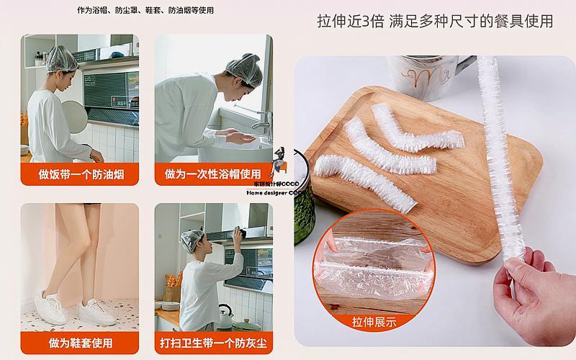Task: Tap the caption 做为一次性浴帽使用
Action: coord(214,175)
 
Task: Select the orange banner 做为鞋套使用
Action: coord(79,343)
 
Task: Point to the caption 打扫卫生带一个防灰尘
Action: coord(214,343)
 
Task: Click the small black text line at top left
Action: coord(145,11)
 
